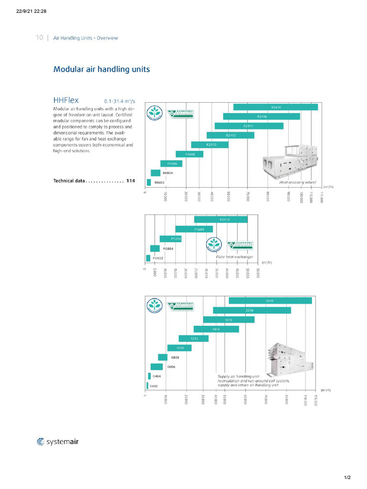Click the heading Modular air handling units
(101, 69)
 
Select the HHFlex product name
(66, 100)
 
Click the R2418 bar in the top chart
(276, 107)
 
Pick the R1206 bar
(171, 163)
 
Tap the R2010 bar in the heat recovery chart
(210, 145)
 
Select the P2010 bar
(221, 219)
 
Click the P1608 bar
(194, 229)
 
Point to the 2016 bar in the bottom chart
(252, 310)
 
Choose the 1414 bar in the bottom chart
(216, 329)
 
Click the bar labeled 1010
(179, 348)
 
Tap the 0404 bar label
(156, 376)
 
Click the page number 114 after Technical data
(130, 181)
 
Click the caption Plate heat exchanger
(234, 257)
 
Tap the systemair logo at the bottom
(58, 442)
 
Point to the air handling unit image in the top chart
(289, 162)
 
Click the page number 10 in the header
(39, 38)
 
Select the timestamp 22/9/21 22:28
(32, 11)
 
